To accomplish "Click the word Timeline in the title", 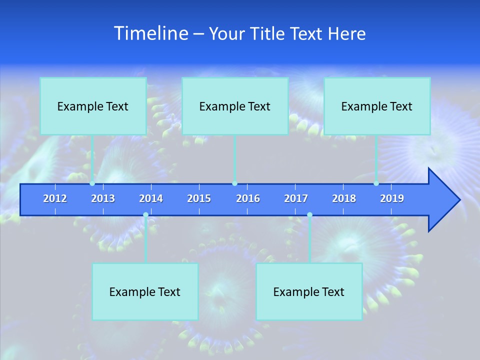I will point(150,33).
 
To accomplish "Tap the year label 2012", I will point(55,198).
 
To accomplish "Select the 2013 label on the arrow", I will point(103,198).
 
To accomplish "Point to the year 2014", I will point(151,198).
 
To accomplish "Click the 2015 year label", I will point(199,198).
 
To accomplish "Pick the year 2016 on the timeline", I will point(248,198).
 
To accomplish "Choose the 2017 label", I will point(296,198).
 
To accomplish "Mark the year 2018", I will point(344,198).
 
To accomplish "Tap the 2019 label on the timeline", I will point(392,198).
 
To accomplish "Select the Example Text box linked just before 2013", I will point(93,106).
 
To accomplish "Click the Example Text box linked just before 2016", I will point(235,106).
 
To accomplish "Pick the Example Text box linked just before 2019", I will point(377,106).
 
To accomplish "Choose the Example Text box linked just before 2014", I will point(145,291).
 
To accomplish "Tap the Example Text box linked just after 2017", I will point(309,291).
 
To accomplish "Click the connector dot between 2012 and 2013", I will point(92,183).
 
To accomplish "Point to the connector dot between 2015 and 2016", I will point(235,183).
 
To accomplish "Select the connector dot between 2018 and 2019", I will point(376,183).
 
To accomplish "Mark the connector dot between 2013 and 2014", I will point(145,215).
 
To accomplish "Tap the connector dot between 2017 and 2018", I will point(309,215).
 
